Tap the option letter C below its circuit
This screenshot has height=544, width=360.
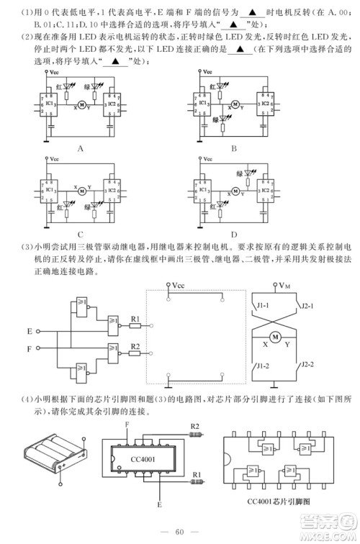pyautogui.click(x=81, y=234)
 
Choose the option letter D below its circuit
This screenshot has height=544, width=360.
pyautogui.click(x=234, y=234)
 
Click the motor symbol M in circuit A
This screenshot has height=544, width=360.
pyautogui.click(x=81, y=105)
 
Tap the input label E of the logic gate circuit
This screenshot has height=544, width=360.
pyautogui.click(x=29, y=332)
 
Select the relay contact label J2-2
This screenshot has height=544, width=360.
pyautogui.click(x=308, y=365)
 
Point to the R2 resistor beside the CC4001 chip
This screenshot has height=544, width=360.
pyautogui.click(x=194, y=435)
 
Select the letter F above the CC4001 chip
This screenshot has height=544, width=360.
pyautogui.click(x=127, y=425)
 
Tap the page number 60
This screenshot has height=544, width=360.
pyautogui.click(x=181, y=532)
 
